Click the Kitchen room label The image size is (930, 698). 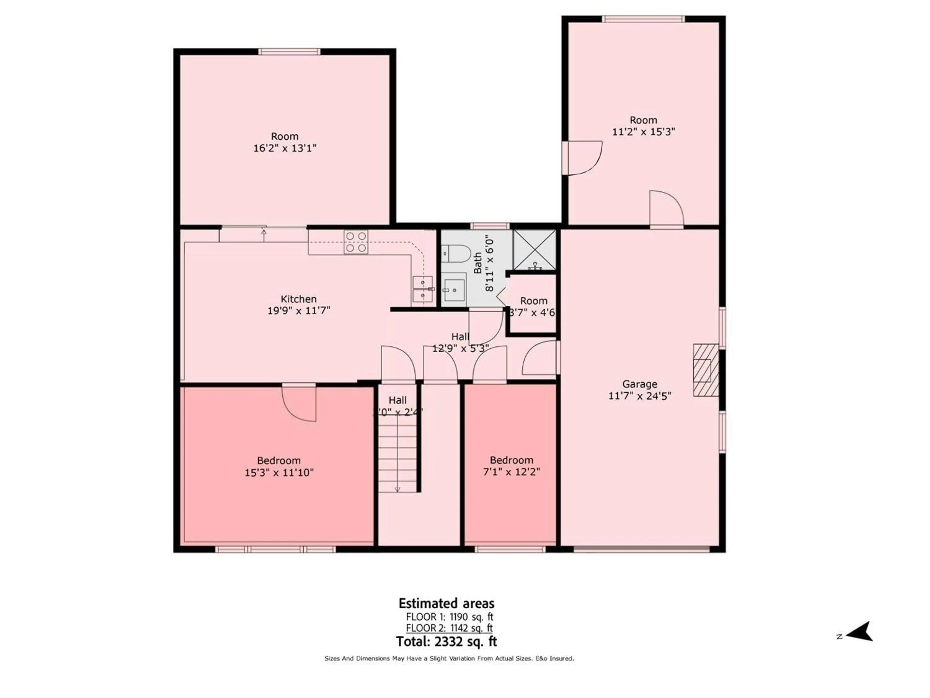coord(299,299)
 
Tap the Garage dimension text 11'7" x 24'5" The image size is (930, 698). coord(639,396)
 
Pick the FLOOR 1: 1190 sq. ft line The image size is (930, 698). coord(449,617)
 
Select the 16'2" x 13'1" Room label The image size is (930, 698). coord(285,142)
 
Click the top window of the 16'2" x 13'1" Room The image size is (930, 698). coord(289,52)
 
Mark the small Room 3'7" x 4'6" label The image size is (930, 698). coord(533,307)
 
